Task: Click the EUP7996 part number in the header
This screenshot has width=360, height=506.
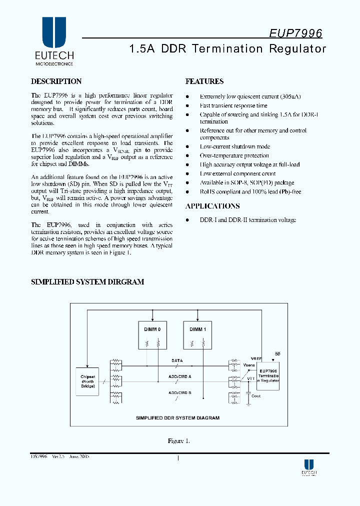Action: pyautogui.click(x=295, y=33)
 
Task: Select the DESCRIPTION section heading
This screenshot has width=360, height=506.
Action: pyautogui.click(x=56, y=81)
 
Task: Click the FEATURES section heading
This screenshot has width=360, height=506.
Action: pyautogui.click(x=204, y=81)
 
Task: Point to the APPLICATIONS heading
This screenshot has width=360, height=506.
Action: pyautogui.click(x=212, y=206)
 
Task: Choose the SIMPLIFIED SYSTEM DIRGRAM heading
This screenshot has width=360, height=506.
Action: pyautogui.click(x=87, y=282)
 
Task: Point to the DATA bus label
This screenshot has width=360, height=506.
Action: pyautogui.click(x=177, y=360)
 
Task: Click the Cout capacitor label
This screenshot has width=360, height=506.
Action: pyautogui.click(x=256, y=396)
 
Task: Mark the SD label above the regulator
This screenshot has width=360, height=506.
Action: pyautogui.click(x=277, y=354)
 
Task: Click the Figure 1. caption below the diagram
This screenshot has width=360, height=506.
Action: pyautogui.click(x=178, y=441)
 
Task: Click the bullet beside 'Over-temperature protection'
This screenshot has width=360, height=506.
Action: pyautogui.click(x=187, y=156)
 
